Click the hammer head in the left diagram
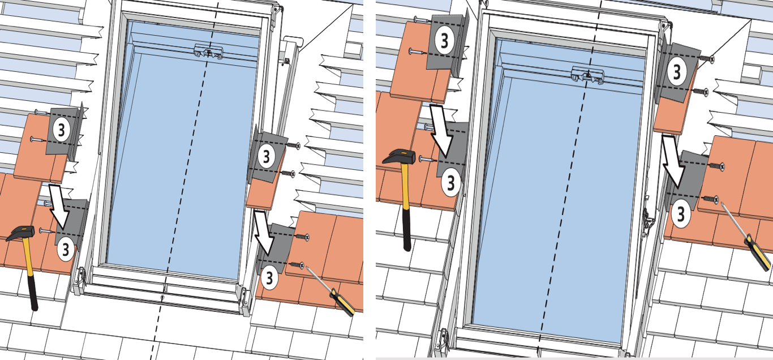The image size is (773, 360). pyautogui.click(x=21, y=233)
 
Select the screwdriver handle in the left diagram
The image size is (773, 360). pyautogui.click(x=342, y=303)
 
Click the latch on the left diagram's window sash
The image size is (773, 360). pyautogui.click(x=208, y=52)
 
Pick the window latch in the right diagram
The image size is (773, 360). pyautogui.click(x=587, y=75)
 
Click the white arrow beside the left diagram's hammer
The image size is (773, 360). pyautogui.click(x=59, y=207)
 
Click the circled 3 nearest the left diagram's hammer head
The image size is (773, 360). pyautogui.click(x=65, y=249)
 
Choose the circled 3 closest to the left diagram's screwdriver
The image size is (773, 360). pyautogui.click(x=269, y=278)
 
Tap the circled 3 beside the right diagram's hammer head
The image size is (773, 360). pyautogui.click(x=450, y=183)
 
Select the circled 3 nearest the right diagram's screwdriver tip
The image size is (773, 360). pyautogui.click(x=681, y=215)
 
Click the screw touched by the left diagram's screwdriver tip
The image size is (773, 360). pyautogui.click(x=298, y=265)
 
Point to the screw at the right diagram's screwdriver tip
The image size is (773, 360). pyautogui.click(x=712, y=199)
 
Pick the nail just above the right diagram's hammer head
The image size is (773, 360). pyautogui.click(x=428, y=158)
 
